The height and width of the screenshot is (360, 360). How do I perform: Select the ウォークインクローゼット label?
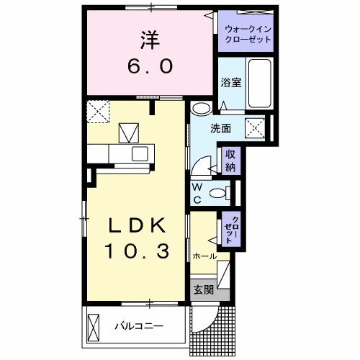(x=248, y=34)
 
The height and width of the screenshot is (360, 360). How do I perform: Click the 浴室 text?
(x=230, y=82)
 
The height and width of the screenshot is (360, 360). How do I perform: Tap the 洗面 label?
(x=220, y=130)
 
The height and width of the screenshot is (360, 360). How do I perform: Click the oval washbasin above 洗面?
(x=202, y=109)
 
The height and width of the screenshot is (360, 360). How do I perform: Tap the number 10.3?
(x=138, y=251)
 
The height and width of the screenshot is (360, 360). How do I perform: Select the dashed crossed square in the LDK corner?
(x=96, y=112)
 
